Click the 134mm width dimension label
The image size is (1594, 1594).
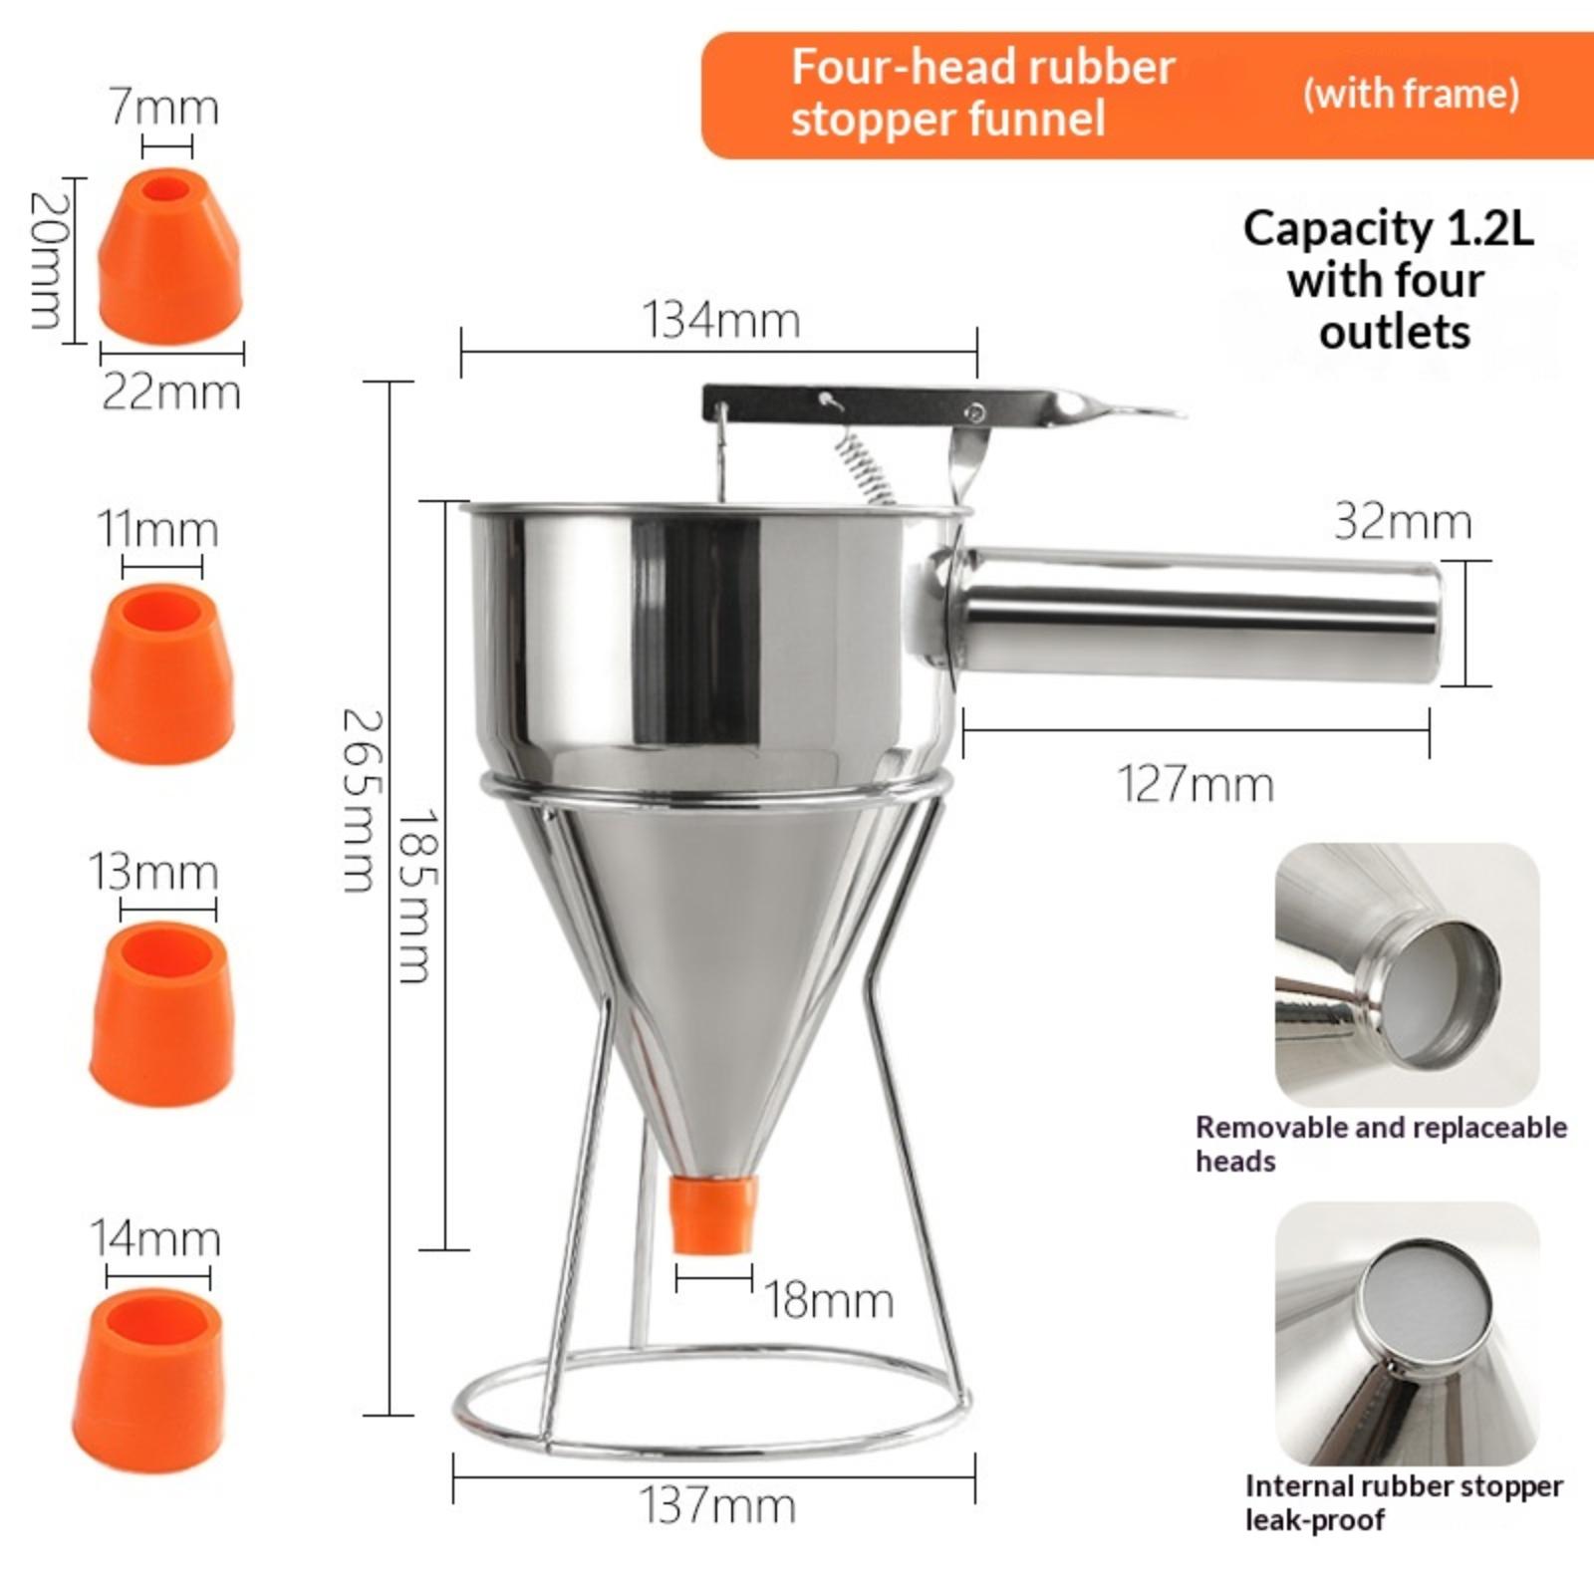(x=720, y=320)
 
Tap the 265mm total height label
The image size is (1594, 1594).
(x=360, y=800)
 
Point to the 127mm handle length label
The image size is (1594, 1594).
(x=1195, y=784)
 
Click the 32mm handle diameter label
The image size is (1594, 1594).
(x=1403, y=521)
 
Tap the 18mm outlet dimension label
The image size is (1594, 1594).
(x=829, y=1300)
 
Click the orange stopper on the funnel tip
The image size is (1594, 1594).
(x=712, y=1212)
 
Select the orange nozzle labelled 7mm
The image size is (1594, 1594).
(x=170, y=256)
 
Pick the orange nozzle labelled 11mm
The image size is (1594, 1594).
(x=161, y=673)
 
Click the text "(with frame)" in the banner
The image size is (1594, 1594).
(x=1411, y=94)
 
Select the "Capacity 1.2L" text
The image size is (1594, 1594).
(x=1388, y=228)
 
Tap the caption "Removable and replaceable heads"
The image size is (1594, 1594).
(x=1381, y=1144)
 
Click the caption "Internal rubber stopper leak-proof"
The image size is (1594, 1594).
(x=1404, y=1502)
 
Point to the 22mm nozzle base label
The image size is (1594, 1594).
(x=171, y=393)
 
